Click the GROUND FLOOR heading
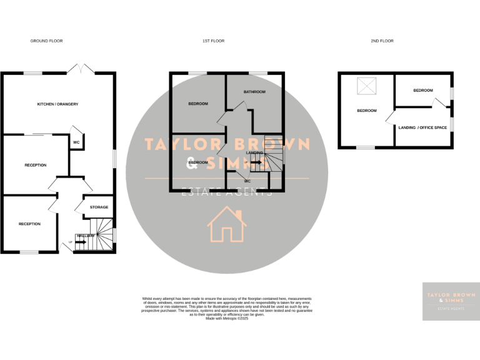[x=47, y=41]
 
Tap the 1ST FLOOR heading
[x=213, y=41]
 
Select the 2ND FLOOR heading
[x=382, y=41]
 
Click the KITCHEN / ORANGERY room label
[x=57, y=104]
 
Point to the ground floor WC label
[x=76, y=142]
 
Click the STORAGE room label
[x=99, y=207]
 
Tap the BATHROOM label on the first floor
[x=254, y=92]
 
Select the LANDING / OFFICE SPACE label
[x=422, y=127]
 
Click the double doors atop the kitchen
[x=79, y=68]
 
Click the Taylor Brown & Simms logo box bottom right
[x=451, y=301]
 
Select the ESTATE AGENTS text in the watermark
[x=226, y=192]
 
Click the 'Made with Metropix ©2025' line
[x=227, y=319]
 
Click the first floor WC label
[x=247, y=181]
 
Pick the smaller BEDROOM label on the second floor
[x=422, y=91]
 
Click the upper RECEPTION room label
[x=36, y=165]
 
